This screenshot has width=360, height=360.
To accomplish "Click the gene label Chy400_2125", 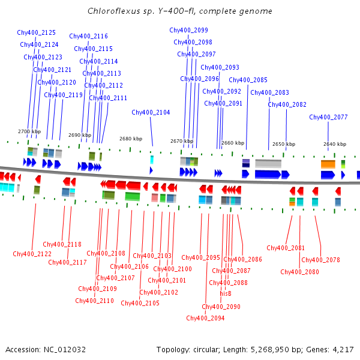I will tap(37, 32).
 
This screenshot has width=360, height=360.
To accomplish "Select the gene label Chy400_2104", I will tap(151, 112).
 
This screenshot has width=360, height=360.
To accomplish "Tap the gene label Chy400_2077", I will tap(328, 117).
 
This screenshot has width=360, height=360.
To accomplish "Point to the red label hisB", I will tap(226, 293).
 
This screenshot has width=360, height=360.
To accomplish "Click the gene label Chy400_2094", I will tap(205, 318).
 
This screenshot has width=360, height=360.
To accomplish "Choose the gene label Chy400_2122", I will tap(32, 254).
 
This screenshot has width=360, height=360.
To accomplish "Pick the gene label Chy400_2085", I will tap(248, 80).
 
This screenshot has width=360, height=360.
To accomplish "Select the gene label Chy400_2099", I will tap(188, 30).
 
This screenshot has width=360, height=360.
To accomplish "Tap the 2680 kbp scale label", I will tap(131, 139).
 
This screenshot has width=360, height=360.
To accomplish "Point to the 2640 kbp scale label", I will tap(335, 144).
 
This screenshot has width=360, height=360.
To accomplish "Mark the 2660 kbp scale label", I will tap(233, 143).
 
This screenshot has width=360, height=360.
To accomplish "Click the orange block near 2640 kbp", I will tap(328, 164).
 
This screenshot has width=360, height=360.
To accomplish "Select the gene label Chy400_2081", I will tap(286, 248).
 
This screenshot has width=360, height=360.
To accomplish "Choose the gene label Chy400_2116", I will tap(88, 36).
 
